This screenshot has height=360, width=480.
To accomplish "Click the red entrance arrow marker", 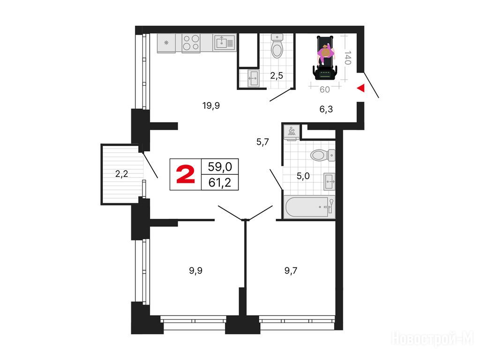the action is pos(361,88).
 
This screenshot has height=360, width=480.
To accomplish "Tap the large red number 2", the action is pos(186,174).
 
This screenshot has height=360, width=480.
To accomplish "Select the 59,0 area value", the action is pos(220,167).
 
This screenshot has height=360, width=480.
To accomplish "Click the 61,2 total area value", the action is pos(220,183).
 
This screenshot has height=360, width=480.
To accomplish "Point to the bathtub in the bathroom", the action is pos(309,207).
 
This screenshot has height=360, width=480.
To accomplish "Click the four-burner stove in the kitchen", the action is pos(191,43).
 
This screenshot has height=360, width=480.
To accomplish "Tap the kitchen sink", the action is pos(225,42).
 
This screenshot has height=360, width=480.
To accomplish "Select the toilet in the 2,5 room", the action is pos(277,46).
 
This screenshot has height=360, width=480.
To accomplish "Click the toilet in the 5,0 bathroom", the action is pos(323,155).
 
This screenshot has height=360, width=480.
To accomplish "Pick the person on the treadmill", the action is pos(325,54).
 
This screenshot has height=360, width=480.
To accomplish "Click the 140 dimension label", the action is pos(347,58).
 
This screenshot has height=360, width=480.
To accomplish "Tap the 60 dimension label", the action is pos(324,90).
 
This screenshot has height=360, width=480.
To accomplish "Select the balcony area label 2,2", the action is pos(121,174).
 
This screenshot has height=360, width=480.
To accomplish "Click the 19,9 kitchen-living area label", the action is pos(211,105).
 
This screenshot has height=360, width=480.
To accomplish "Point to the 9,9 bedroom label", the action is pos(195,270).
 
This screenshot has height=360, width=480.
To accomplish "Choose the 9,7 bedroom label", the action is pos(291,270).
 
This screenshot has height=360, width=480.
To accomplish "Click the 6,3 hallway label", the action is pos(326,109).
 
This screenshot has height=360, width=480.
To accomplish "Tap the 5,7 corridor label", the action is pos(262,142).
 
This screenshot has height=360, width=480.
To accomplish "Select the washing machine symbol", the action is pos(292,132).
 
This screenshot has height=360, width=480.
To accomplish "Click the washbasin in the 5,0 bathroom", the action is pos(330,181).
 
